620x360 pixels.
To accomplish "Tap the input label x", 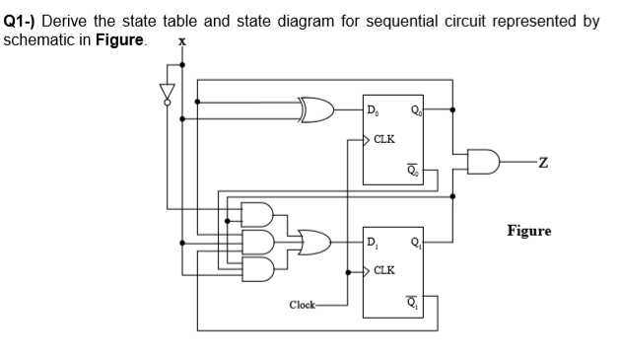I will (179, 42).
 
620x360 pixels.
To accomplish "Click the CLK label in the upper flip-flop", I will (384, 139).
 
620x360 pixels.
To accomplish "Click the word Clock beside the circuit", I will (305, 304).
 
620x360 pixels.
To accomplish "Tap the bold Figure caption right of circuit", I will (529, 231).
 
